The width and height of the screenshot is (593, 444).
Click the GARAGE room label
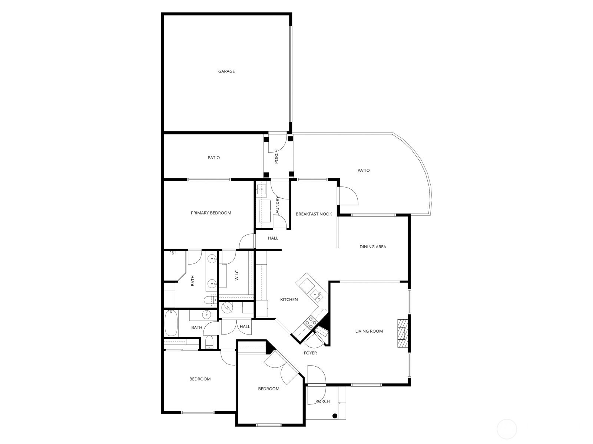coord(226,71)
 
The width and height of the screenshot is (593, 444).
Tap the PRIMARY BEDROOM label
coord(211,213)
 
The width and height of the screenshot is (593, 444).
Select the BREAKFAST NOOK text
coord(314,214)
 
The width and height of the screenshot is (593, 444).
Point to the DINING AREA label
coord(373,247)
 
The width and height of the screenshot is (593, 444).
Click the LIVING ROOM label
coord(369,331)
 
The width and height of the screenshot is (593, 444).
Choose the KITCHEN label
coord(289,299)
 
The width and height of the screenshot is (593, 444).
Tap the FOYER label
coord(310,353)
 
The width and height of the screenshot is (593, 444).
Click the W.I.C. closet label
coord(237,275)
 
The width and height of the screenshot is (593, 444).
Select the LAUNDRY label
coord(277,206)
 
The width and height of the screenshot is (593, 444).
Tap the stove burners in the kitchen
coord(310,322)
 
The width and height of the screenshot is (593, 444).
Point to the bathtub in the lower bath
coord(171,323)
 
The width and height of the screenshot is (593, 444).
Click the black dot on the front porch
coord(335,416)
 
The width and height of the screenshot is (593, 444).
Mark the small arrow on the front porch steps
coord(342,403)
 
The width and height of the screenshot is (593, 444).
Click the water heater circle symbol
coord(227,307)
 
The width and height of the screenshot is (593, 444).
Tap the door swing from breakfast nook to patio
coord(349,196)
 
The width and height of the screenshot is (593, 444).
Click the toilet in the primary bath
coord(210,300)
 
